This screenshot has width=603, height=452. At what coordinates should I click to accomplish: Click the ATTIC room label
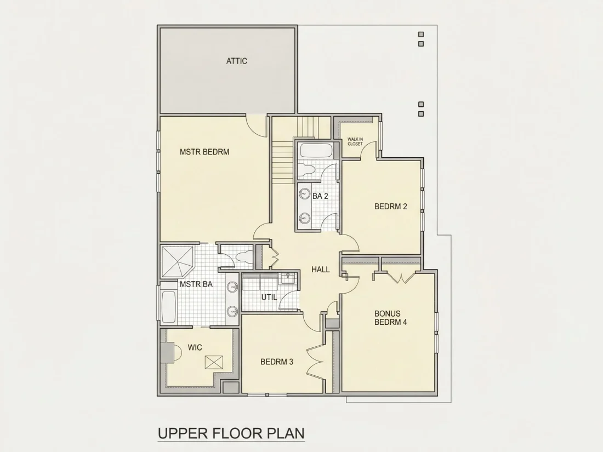(236, 61)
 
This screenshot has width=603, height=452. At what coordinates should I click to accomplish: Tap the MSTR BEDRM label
(204, 152)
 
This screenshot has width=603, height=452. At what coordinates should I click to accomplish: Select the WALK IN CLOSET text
(355, 141)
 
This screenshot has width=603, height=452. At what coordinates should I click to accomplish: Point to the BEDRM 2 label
(391, 207)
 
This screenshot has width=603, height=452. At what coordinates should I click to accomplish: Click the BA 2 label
(320, 196)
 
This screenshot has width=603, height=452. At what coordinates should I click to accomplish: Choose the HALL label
(320, 270)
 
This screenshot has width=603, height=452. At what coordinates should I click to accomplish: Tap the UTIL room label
(269, 297)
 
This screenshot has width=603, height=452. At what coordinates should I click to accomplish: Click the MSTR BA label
(196, 284)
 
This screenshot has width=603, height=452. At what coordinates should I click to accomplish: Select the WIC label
(195, 347)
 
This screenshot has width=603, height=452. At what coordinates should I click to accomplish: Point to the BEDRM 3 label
(277, 362)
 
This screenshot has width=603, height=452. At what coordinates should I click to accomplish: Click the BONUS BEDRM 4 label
(391, 318)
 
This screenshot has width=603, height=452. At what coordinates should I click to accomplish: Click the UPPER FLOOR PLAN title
(231, 433)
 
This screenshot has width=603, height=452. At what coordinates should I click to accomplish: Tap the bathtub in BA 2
(316, 150)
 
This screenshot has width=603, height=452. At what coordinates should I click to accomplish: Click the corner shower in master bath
(177, 261)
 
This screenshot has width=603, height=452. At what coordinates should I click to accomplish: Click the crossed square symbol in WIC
(214, 363)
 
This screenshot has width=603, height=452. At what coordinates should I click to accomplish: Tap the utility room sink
(287, 278)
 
